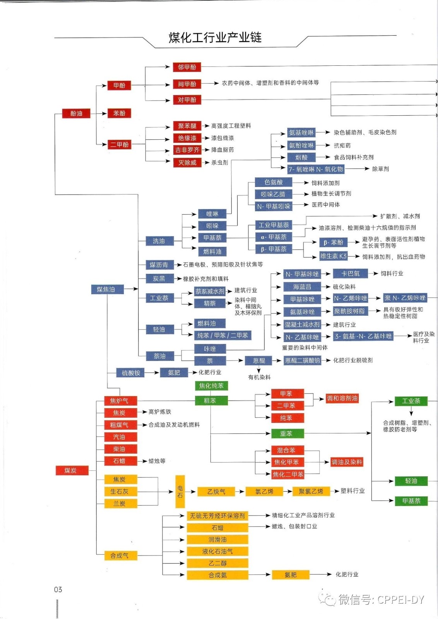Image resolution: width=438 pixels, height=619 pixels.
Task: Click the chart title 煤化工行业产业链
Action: pyautogui.click(x=215, y=38)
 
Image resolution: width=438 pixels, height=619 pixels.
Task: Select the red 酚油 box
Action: pyautogui.click(x=76, y=113)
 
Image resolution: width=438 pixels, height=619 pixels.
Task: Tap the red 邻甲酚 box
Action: pyautogui.click(x=187, y=67)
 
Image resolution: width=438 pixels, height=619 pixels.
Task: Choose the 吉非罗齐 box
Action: pyautogui.click(x=187, y=150)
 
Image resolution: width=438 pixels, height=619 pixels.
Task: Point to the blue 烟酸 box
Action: pyautogui.click(x=301, y=157)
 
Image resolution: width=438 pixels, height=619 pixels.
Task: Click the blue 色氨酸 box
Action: pyautogui.click(x=273, y=182)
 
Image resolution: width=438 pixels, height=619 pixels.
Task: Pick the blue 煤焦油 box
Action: pyautogui.click(x=106, y=289)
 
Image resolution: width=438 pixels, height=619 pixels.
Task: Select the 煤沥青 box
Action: pyautogui.click(x=159, y=265)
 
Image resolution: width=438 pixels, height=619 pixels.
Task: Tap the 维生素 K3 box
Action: pyautogui.click(x=333, y=256)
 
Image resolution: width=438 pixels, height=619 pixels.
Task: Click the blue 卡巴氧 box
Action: pyautogui.click(x=350, y=274)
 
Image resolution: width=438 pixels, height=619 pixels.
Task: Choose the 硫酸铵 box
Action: pyautogui.click(x=131, y=373)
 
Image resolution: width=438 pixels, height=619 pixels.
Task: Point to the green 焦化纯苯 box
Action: pyautogui.click(x=211, y=386)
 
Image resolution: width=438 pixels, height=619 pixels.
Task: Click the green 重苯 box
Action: pyautogui.click(x=286, y=434)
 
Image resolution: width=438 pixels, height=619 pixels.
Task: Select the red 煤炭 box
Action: pyautogui.click(x=71, y=470)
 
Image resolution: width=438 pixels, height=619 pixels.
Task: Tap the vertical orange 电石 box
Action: pyautogui.click(x=180, y=491)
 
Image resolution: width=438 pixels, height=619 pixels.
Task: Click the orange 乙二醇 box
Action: pyautogui.click(x=217, y=563)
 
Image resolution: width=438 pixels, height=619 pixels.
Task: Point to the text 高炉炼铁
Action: pyautogui.click(x=160, y=412)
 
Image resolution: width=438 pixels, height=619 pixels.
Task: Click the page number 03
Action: pyautogui.click(x=58, y=590)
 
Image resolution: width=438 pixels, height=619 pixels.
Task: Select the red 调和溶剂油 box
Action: pyautogui.click(x=342, y=398)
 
